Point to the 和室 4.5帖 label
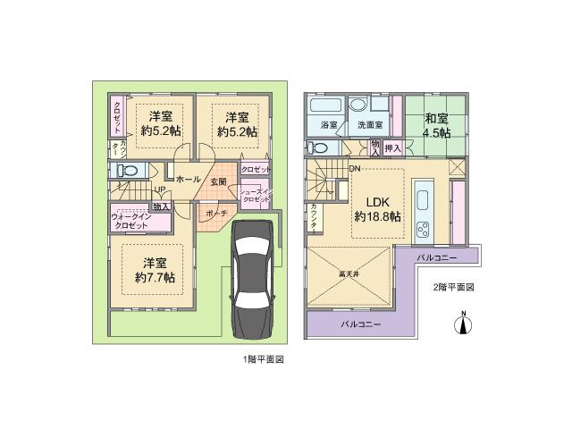point(438,124)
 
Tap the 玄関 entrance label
point(218,182)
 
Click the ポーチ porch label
point(215,214)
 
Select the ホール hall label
point(188,179)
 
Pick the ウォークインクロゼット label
point(131,220)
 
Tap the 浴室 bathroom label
point(328,125)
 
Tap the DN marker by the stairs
point(354,169)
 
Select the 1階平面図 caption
point(263,359)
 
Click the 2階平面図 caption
point(452,288)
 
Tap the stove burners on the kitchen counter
point(423,229)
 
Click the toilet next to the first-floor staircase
point(124,170)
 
